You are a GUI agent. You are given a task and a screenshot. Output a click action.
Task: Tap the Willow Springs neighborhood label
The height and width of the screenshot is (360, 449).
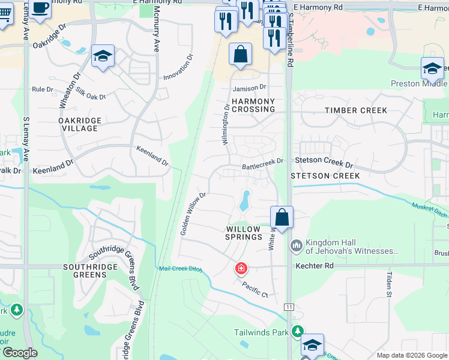coord(243,233)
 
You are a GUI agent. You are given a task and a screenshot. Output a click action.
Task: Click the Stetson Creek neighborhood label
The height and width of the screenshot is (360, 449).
coord(325,176)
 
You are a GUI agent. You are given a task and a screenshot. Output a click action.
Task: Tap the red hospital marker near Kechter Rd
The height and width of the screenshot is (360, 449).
coord(241,268)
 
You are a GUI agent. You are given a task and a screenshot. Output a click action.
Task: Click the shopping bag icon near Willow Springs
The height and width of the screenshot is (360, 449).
coord(282,217)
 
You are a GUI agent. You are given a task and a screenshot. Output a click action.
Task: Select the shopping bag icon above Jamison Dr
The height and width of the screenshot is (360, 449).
coord(240,55)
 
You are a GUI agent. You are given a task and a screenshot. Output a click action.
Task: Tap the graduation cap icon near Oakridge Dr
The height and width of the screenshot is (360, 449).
coord(103,57)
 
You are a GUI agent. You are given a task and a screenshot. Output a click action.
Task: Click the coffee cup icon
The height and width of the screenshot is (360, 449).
coord(41,8)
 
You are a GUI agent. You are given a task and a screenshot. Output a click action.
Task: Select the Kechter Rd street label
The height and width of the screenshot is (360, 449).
coord(313,265)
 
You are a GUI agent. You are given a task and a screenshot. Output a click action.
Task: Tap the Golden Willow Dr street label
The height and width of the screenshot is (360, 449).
coord(193,213)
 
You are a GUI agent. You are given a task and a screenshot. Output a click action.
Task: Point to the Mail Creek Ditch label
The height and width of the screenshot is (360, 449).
coord(179,268)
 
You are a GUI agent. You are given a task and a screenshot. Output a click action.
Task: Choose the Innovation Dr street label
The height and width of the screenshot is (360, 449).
coord(179,68)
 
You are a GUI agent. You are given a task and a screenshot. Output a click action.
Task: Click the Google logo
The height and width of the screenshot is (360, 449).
coord(19,353)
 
